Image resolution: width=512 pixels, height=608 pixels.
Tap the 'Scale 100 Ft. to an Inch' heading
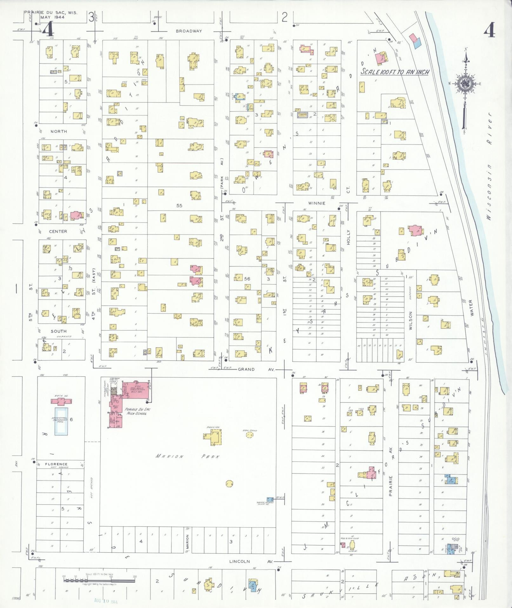click(x=395, y=72)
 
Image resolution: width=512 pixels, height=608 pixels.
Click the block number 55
click(x=179, y=206)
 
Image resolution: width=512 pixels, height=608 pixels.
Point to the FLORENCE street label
click(x=56, y=464)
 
